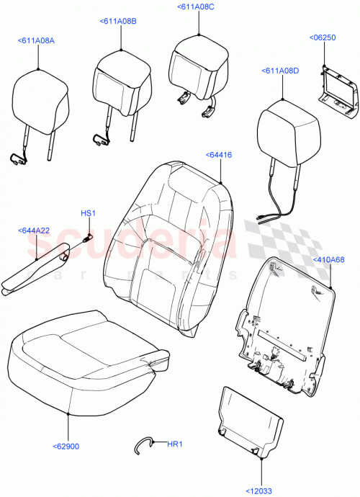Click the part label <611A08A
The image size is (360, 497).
35,42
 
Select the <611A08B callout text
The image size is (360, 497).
117,22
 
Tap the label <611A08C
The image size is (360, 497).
195,6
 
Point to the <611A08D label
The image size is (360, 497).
279,71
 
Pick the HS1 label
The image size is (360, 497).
87,212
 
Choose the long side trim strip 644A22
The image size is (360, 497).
36,267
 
